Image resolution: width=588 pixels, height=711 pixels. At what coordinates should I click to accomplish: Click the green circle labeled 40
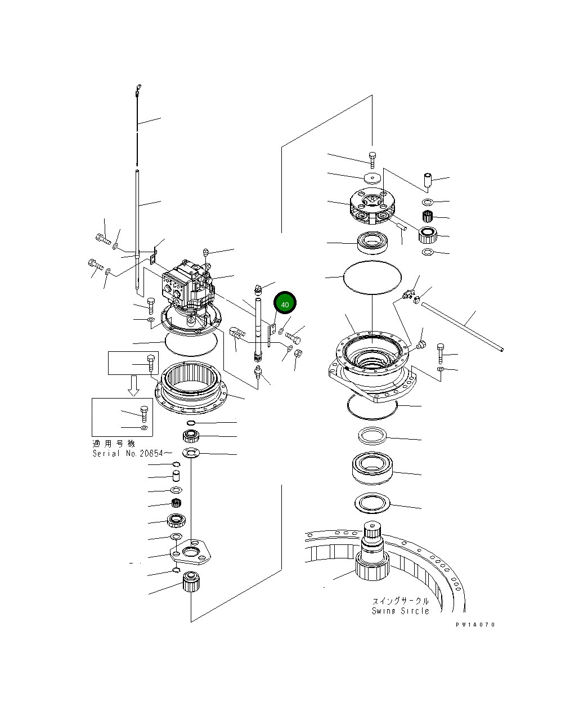click(285, 304)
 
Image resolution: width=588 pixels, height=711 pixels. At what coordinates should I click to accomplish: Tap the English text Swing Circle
click(400, 611)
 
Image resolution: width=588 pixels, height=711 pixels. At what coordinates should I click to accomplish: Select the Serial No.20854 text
click(128, 453)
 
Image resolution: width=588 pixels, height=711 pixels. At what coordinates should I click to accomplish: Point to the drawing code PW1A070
click(476, 624)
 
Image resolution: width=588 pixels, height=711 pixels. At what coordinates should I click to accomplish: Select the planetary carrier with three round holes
click(371, 207)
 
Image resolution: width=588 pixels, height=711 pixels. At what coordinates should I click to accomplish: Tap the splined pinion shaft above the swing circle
click(372, 543)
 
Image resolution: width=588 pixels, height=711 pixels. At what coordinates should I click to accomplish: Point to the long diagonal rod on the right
click(461, 327)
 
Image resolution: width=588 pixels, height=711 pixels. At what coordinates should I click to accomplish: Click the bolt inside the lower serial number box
click(143, 414)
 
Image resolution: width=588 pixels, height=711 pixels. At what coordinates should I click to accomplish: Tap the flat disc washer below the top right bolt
click(371, 178)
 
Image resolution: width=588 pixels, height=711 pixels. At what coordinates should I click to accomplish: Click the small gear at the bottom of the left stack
click(191, 582)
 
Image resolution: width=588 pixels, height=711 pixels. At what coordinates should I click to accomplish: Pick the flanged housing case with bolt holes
click(371, 366)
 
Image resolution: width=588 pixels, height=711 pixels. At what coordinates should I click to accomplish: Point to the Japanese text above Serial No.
click(114, 444)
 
